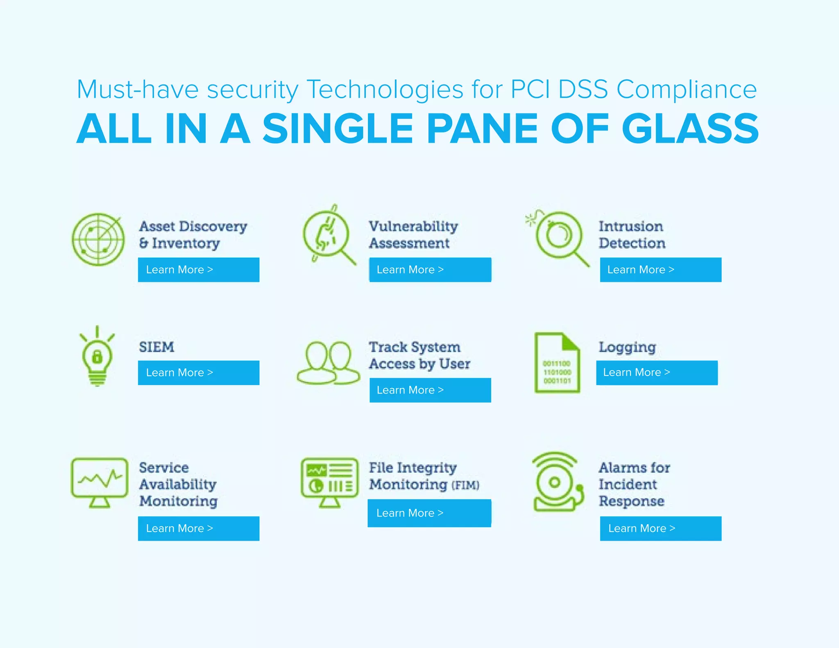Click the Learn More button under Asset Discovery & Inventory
point(198,270)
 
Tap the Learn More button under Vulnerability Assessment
point(430,270)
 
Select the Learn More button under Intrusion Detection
point(660,270)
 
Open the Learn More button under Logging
point(657,372)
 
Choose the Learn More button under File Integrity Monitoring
point(429,513)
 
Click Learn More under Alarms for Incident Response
point(660,528)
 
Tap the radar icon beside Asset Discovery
point(98,239)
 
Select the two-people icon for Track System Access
point(328,363)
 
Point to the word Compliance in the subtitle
point(687,89)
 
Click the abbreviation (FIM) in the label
point(465,485)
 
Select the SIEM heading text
point(156,347)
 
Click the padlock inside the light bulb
point(97,356)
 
